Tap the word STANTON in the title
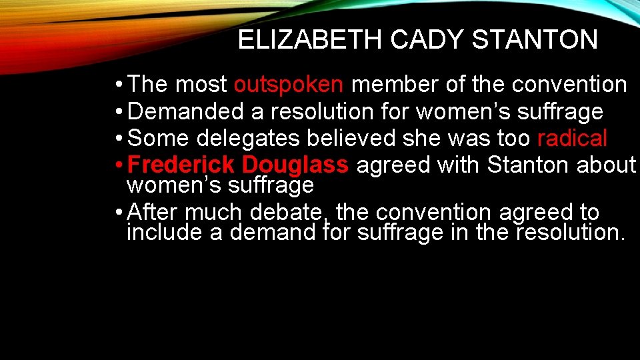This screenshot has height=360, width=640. click(x=535, y=40)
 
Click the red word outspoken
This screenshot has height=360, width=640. click(x=289, y=85)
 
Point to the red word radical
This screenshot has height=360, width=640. click(x=572, y=139)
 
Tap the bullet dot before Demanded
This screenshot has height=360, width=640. click(x=117, y=112)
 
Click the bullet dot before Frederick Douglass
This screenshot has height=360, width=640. click(x=117, y=165)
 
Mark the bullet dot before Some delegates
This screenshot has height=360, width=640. click(x=117, y=139)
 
